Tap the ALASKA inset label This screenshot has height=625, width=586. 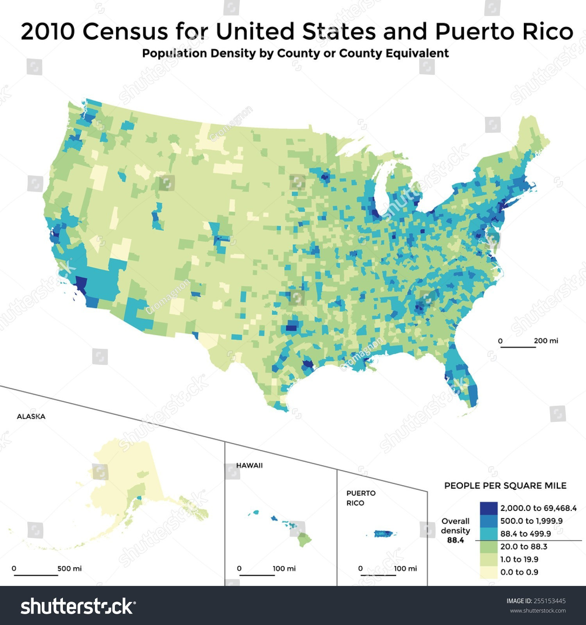point(31,416)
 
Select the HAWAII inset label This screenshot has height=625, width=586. point(249,465)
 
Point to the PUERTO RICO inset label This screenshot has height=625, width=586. point(361,498)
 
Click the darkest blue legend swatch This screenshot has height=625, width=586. point(488,508)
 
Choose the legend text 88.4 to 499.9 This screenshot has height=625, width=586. point(525,534)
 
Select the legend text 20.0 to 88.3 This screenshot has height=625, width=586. point(523,546)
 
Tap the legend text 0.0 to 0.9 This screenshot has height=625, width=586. point(519,572)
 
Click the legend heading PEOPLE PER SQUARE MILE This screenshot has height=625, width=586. point(505,486)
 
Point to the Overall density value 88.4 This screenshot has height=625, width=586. point(455,540)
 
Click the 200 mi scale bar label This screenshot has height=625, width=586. point(546,341)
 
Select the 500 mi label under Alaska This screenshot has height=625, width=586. point(69,568)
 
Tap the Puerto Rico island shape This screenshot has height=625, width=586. point(385,533)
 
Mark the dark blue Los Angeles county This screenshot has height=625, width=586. point(81,284)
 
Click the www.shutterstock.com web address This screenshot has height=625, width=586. point(538,611)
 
